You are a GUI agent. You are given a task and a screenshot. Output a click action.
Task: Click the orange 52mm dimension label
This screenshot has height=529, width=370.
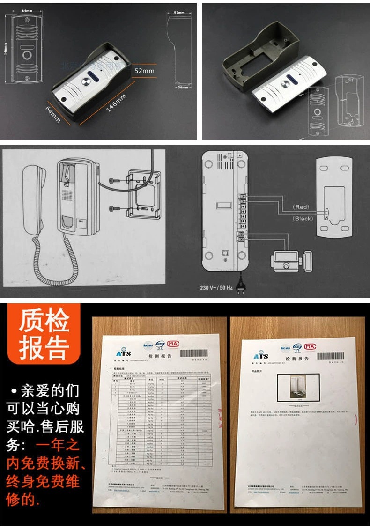(x=145, y=71)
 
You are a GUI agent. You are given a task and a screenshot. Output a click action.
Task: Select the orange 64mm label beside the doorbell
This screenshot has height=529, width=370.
(x=52, y=114)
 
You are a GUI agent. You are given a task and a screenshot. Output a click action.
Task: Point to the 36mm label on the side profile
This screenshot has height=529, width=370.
(x=182, y=87)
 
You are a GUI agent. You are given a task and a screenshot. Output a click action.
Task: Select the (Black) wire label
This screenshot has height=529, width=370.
(x=303, y=218)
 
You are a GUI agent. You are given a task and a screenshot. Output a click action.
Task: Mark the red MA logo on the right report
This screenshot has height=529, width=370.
(x=310, y=347)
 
